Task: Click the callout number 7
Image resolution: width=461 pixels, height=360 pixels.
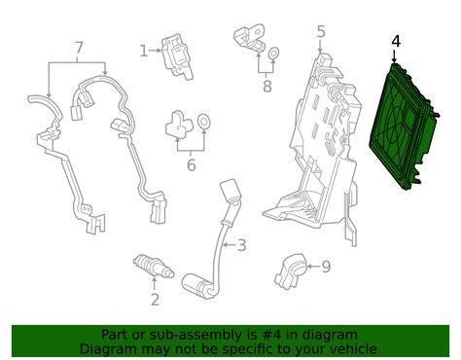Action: (x=79, y=48)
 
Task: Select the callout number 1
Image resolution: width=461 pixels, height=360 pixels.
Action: (x=143, y=51)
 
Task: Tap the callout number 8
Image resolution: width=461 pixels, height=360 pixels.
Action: (x=267, y=87)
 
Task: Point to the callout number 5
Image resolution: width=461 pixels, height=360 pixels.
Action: (x=320, y=32)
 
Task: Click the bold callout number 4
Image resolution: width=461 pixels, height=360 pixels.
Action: (x=396, y=41)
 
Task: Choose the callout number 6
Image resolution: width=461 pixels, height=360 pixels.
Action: (x=192, y=164)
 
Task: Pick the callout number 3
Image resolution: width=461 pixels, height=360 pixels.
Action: (x=242, y=245)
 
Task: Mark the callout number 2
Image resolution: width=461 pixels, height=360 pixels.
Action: (x=155, y=300)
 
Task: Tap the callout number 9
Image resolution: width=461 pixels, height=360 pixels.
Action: (x=326, y=267)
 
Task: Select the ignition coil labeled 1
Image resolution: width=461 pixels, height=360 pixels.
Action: (x=177, y=56)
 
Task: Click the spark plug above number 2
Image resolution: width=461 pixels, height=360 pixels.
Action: (x=154, y=267)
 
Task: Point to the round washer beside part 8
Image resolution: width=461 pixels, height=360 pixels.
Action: (x=274, y=54)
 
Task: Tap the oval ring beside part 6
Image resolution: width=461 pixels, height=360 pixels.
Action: (x=204, y=122)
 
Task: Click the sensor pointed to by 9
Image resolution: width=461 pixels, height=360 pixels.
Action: (x=291, y=271)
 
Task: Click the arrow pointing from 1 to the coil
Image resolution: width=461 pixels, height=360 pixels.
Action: (x=155, y=51)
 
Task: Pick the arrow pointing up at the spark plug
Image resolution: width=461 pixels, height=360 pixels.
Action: (x=155, y=283)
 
